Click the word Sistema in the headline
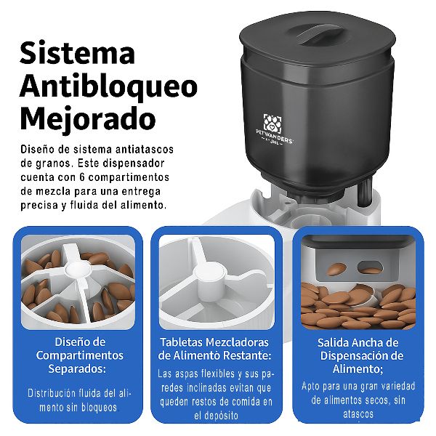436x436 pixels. pyautogui.click(x=77, y=52)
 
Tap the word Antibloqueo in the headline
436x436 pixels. pyautogui.click(x=108, y=86)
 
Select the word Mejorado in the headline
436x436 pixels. pyautogui.click(x=88, y=119)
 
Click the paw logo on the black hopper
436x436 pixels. pyautogui.click(x=272, y=124)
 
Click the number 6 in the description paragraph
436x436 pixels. pyautogui.click(x=82, y=177)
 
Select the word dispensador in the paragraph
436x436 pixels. pyautogui.click(x=134, y=163)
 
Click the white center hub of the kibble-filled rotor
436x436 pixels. pyautogui.click(x=76, y=270)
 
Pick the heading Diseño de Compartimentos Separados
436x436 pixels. pyautogui.click(x=80, y=355)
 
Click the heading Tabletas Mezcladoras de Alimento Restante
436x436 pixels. pyautogui.click(x=214, y=349)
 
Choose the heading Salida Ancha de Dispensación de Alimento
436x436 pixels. pyautogui.click(x=359, y=355)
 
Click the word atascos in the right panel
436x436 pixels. pyautogui.click(x=358, y=414)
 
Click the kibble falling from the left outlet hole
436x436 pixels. pyautogui.click(x=336, y=269)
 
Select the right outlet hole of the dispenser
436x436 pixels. pyautogui.click(x=370, y=267)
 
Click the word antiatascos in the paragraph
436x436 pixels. pyautogui.click(x=145, y=149)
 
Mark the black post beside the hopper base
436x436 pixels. pyautogui.click(x=365, y=192)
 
